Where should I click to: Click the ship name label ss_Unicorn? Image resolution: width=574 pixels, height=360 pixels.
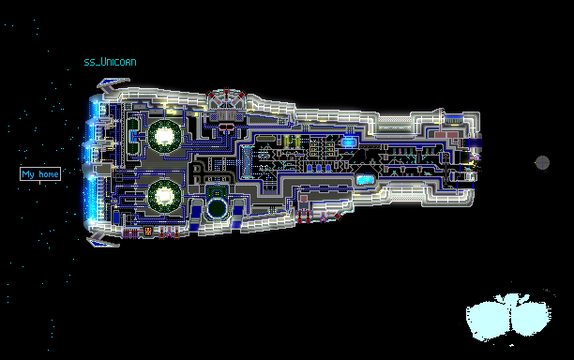(x=110, y=62)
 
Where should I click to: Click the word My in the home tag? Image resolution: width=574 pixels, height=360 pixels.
(x=28, y=174)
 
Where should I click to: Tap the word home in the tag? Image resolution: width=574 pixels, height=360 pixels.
(x=49, y=174)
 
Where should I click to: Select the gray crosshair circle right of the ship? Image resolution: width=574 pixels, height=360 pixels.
(x=542, y=162)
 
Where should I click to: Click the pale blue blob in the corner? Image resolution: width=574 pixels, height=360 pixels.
(x=509, y=317)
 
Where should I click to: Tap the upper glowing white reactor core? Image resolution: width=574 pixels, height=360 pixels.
(x=164, y=136)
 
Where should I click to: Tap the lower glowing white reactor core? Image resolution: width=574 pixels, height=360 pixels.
(x=164, y=196)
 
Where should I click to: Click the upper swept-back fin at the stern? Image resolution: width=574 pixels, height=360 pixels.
(x=112, y=84)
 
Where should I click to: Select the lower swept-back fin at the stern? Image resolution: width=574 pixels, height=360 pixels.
(x=102, y=240)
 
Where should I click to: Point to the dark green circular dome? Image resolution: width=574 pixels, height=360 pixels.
(x=217, y=208)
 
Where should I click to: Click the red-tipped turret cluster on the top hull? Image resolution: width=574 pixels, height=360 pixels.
(x=227, y=98)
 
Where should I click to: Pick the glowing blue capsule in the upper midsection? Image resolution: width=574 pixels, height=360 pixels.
(x=348, y=142)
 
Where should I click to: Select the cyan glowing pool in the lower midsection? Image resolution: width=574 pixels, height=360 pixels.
(x=365, y=180)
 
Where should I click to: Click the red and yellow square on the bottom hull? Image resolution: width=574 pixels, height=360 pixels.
(x=148, y=231)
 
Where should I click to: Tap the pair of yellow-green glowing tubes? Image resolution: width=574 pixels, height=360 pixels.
(x=292, y=142)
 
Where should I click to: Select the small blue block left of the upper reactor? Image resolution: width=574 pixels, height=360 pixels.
(x=133, y=137)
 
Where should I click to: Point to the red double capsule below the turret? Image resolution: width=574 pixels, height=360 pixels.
(x=227, y=127)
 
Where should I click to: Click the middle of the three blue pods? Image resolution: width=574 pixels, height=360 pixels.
(x=319, y=168)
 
